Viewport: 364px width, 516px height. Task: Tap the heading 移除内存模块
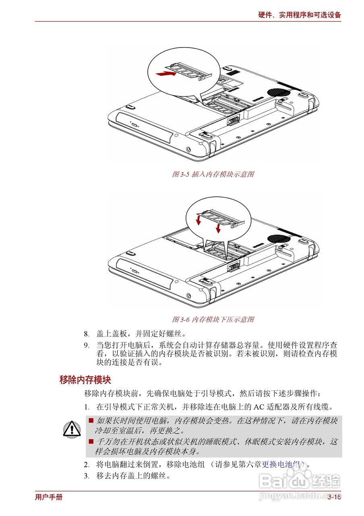pos(85,379)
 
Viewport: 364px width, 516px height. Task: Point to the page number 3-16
pos(334,497)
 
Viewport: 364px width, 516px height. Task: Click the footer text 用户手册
pos(49,497)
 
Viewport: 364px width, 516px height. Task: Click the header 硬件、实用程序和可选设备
pos(300,15)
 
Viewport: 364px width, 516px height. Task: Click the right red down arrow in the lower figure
pos(218,228)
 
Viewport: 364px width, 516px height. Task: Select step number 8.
pos(86,334)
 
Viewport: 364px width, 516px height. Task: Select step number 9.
pos(86,345)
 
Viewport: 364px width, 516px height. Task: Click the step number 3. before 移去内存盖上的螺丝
pos(86,476)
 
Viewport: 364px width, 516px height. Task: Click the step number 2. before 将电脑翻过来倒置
pos(86,465)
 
